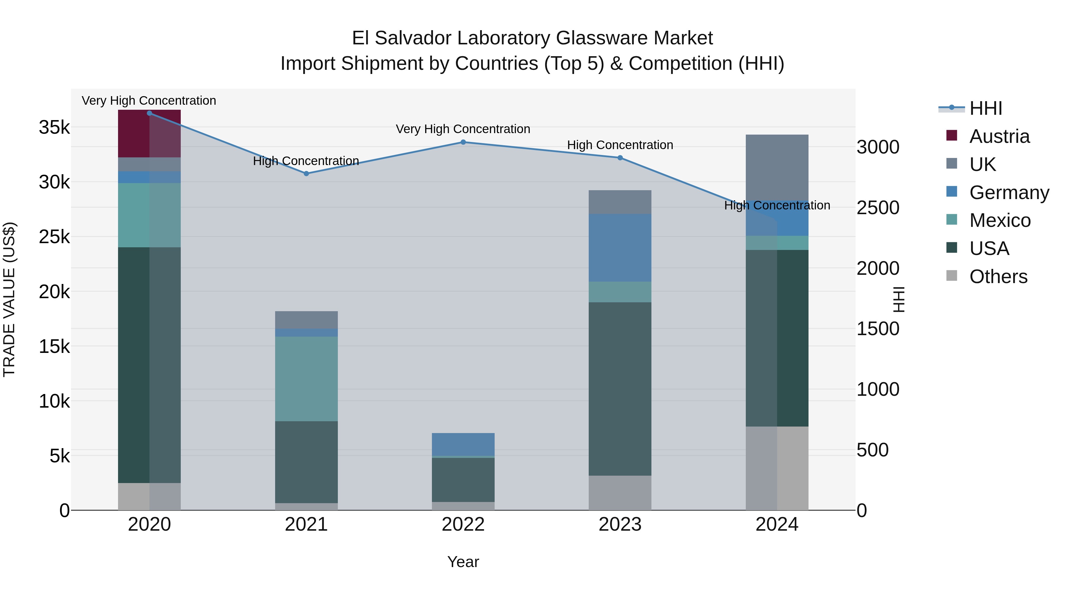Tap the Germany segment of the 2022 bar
coord(463,444)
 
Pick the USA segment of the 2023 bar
coord(620,389)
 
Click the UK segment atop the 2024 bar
coord(777,167)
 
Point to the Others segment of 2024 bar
coord(777,468)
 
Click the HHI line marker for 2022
coord(463,142)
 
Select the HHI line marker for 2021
coord(306,174)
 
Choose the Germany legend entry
coord(1009,193)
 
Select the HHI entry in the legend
coord(986,108)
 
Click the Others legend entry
coord(998,277)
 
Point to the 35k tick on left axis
coord(54,127)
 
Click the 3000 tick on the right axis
coord(878,147)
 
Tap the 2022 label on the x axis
coord(463,524)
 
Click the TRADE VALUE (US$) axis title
coord(9,299)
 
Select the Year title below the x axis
coord(463,562)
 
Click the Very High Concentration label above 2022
coord(463,129)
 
